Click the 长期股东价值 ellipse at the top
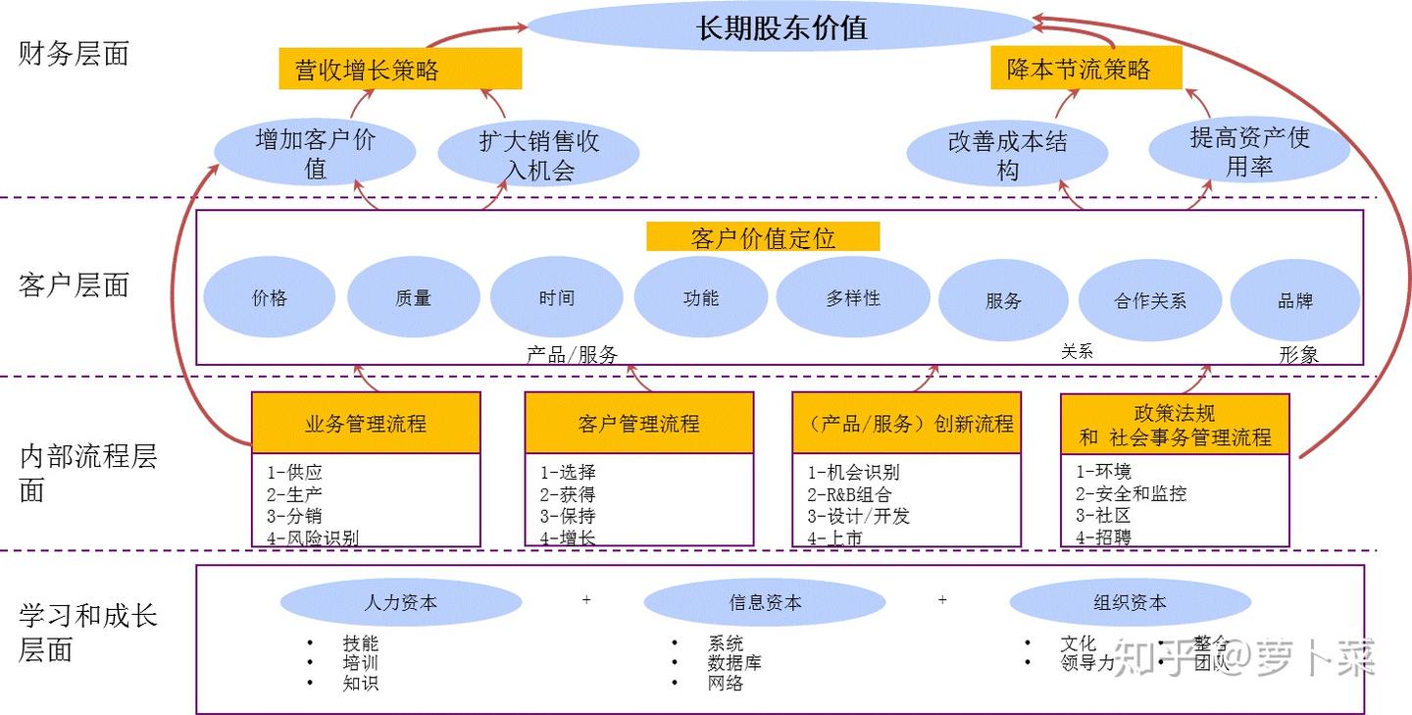[x=782, y=27]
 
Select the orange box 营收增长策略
[x=400, y=70]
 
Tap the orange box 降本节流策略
[x=1085, y=69]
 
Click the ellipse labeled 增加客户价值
[x=315, y=154]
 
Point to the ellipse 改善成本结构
[x=1007, y=155]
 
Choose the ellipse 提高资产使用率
[x=1249, y=152]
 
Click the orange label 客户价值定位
[x=763, y=237]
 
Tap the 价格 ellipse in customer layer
[x=270, y=298]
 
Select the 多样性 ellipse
[x=852, y=298]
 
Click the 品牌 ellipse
[x=1294, y=301]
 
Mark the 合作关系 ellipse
[x=1150, y=301]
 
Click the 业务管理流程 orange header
[x=366, y=424]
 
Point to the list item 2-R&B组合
[x=849, y=494]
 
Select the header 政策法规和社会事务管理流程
[x=1175, y=425]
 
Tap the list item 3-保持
[x=567, y=516]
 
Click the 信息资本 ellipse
[x=764, y=603]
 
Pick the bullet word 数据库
[x=734, y=663]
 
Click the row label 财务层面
[x=74, y=54]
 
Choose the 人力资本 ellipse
[x=400, y=603]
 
